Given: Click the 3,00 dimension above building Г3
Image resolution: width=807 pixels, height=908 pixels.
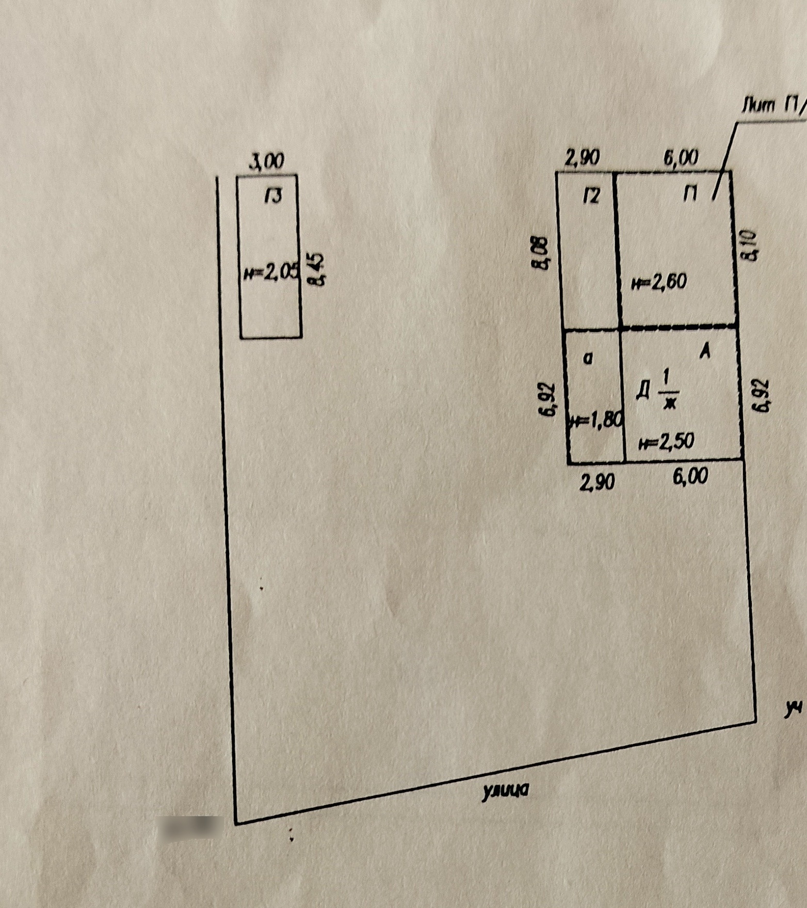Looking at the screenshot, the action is (267, 162).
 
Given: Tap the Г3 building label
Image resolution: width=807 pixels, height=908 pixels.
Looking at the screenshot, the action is (273, 196).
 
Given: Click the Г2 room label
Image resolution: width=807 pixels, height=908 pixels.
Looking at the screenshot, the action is (591, 196).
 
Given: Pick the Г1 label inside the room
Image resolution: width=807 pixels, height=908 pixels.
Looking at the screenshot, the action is (690, 194).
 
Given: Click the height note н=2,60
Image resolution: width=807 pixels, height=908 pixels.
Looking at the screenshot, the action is (659, 282).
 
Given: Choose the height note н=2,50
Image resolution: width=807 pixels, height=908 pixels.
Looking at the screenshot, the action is (666, 442).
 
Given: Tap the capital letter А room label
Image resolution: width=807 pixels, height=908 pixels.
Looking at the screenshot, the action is (705, 352).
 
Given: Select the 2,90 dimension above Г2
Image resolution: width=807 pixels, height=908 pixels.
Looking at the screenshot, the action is (582, 158).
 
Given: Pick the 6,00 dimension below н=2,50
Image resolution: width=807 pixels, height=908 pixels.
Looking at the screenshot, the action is (690, 476).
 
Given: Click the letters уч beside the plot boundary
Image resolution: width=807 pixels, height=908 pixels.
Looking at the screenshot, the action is (794, 709).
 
